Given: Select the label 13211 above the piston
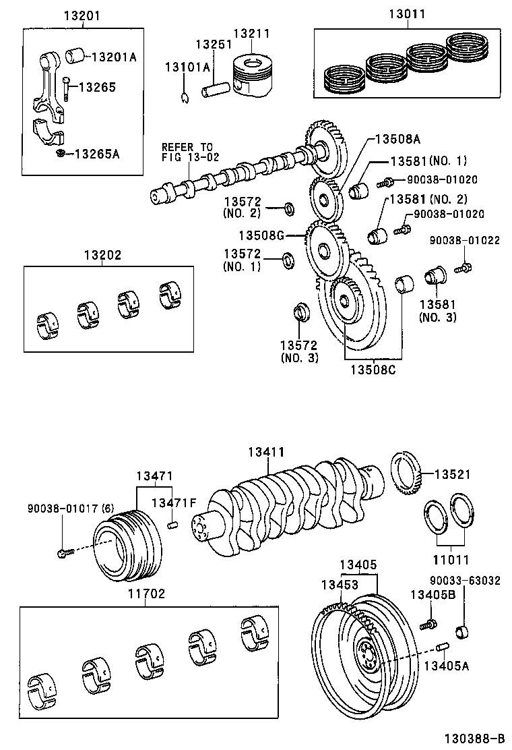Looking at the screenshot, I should click(251, 32).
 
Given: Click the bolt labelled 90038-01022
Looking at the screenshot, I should click(462, 268).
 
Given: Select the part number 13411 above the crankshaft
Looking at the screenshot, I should click(266, 452).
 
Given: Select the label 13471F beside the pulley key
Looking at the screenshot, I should click(174, 502).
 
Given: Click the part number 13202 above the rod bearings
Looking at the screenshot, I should click(102, 256).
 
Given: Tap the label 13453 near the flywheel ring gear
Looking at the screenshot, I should click(340, 585).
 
